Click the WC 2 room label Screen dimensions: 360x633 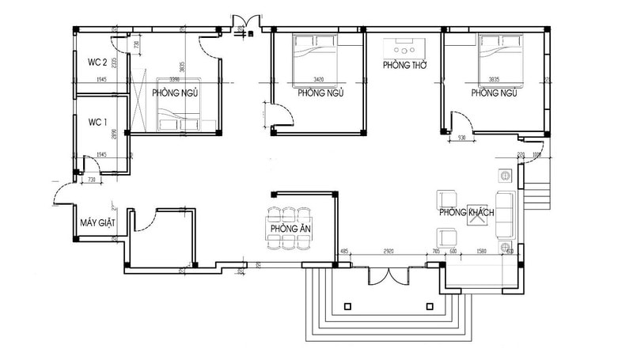(97, 60)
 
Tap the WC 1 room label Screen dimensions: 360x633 (97, 122)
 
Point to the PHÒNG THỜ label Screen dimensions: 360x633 (404, 65)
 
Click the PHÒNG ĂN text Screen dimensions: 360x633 (288, 229)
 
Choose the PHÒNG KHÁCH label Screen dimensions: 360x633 (467, 213)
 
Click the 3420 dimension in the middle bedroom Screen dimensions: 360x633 (319, 80)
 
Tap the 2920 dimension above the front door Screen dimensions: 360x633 (389, 252)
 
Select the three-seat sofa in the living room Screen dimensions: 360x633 (504, 214)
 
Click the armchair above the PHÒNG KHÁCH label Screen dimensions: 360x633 (447, 198)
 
